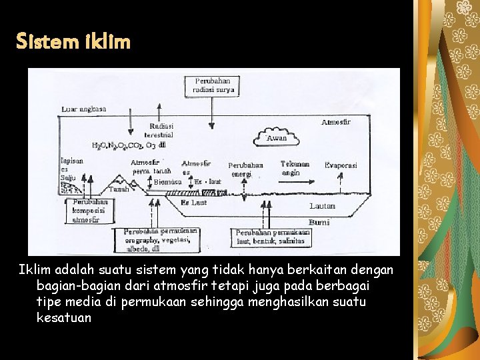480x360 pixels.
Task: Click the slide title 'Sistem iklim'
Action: tap(74, 43)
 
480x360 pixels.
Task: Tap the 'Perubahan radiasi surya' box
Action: tap(213, 85)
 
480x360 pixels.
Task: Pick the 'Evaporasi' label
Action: tap(341, 165)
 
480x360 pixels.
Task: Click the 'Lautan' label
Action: tap(322, 206)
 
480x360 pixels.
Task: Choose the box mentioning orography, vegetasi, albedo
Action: tap(160, 240)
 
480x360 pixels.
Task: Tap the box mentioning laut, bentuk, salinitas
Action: tap(264, 237)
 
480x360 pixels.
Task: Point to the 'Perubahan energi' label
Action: tap(245, 169)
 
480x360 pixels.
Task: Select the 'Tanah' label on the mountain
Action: tap(118, 189)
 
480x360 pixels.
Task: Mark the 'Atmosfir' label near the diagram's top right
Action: tap(335, 122)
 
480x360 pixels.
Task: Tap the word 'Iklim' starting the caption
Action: tap(33, 269)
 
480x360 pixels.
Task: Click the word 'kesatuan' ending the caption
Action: tap(64, 318)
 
